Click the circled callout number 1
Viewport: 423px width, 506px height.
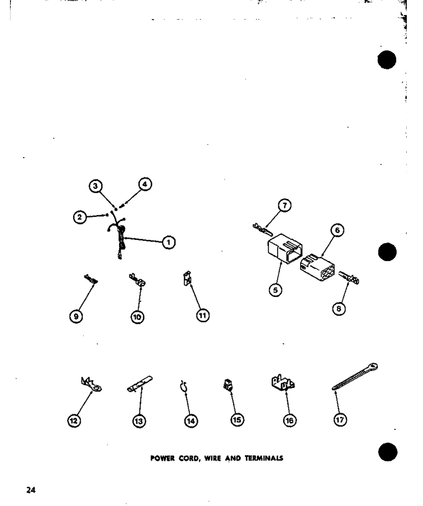169,242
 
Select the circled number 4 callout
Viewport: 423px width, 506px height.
145,185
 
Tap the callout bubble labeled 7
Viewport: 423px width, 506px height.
284,205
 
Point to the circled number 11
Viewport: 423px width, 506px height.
202,315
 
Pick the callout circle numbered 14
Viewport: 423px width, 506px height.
191,421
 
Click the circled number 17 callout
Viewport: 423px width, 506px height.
340,420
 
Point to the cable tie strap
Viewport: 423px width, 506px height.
355,377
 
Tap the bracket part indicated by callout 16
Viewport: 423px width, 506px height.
283,383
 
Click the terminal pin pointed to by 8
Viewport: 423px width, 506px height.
349,277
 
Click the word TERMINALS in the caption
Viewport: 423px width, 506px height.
264,458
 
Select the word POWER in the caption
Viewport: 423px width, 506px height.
162,458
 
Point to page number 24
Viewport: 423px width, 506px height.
31,490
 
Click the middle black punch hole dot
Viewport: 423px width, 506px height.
387,252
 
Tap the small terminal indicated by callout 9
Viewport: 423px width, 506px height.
91,280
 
